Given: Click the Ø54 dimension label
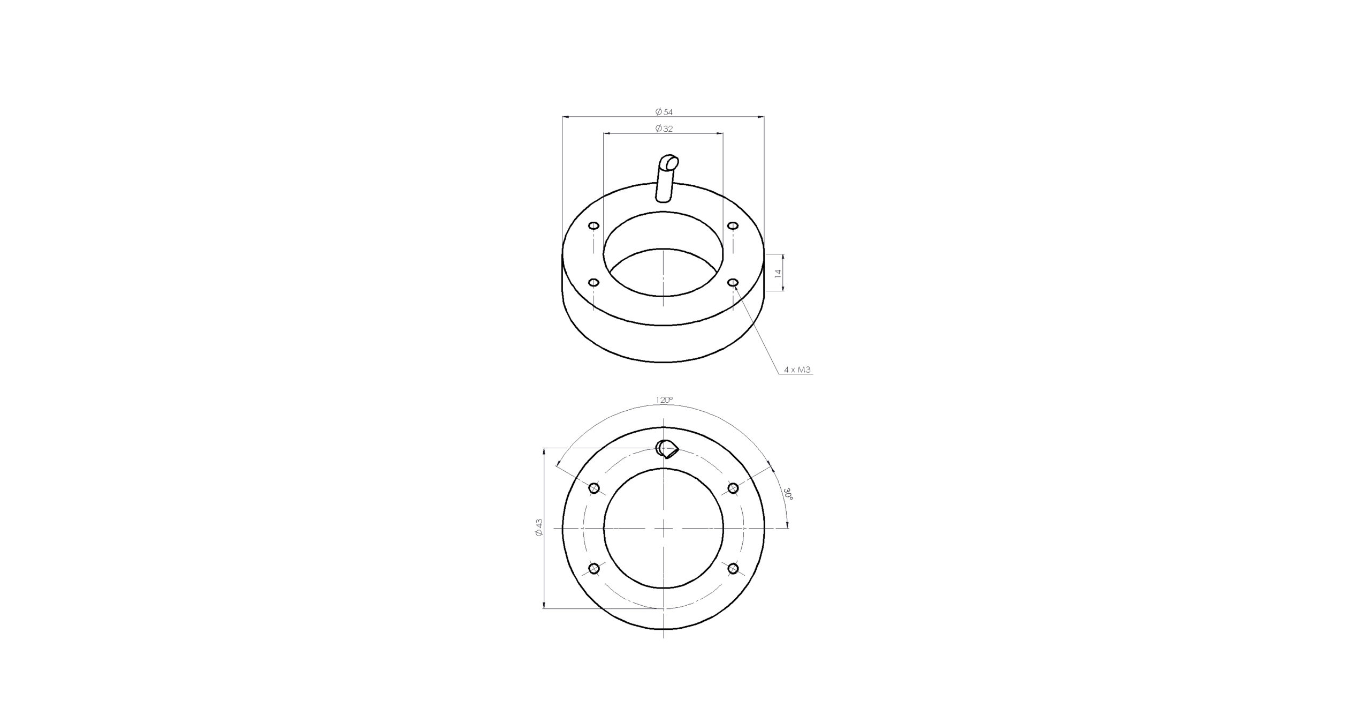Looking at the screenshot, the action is pyautogui.click(x=664, y=112).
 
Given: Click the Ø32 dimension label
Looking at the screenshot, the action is pyautogui.click(x=664, y=129).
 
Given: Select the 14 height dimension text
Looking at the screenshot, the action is pyautogui.click(x=778, y=273).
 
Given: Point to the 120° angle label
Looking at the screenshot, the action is pyautogui.click(x=664, y=400).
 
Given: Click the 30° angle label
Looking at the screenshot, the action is pyautogui.click(x=788, y=493).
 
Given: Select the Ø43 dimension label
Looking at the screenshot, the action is pyautogui.click(x=539, y=527).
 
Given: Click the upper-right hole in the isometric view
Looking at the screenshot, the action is pyautogui.click(x=733, y=225).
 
